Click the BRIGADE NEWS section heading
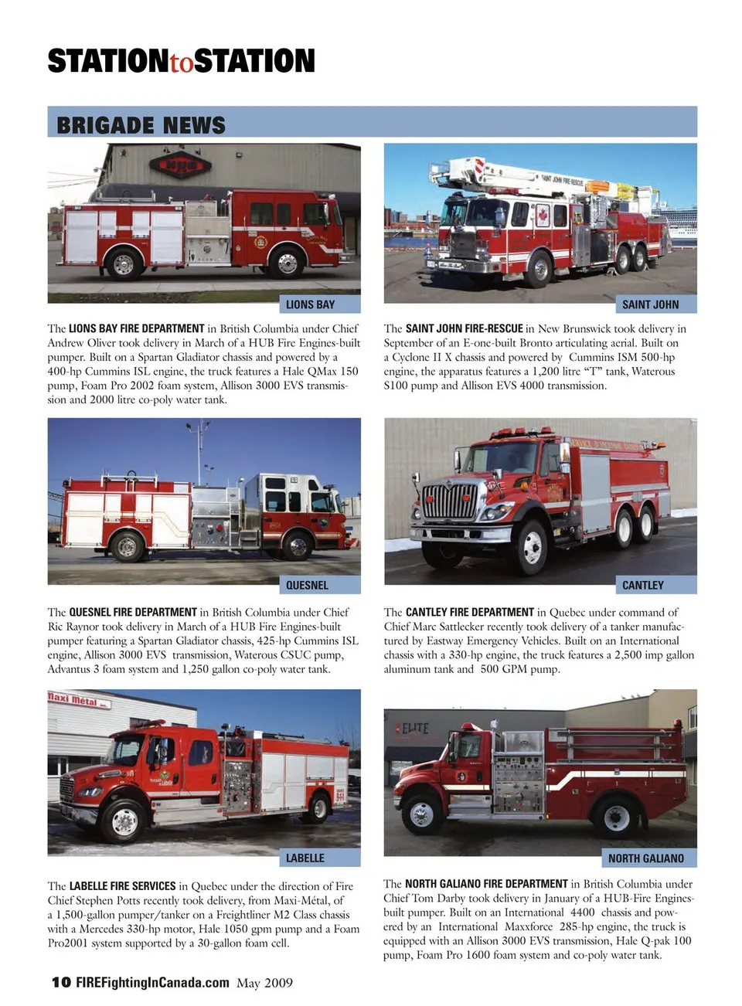[x=141, y=125]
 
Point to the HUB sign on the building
[x=180, y=165]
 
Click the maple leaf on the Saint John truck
[x=543, y=216]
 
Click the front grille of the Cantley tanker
[x=450, y=501]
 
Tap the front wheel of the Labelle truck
[x=124, y=821]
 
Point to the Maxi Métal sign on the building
[x=79, y=700]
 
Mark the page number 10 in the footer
[x=62, y=982]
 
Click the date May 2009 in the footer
[x=264, y=983]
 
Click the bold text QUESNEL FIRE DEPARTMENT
[x=133, y=612]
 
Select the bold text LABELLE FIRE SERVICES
[x=122, y=886]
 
